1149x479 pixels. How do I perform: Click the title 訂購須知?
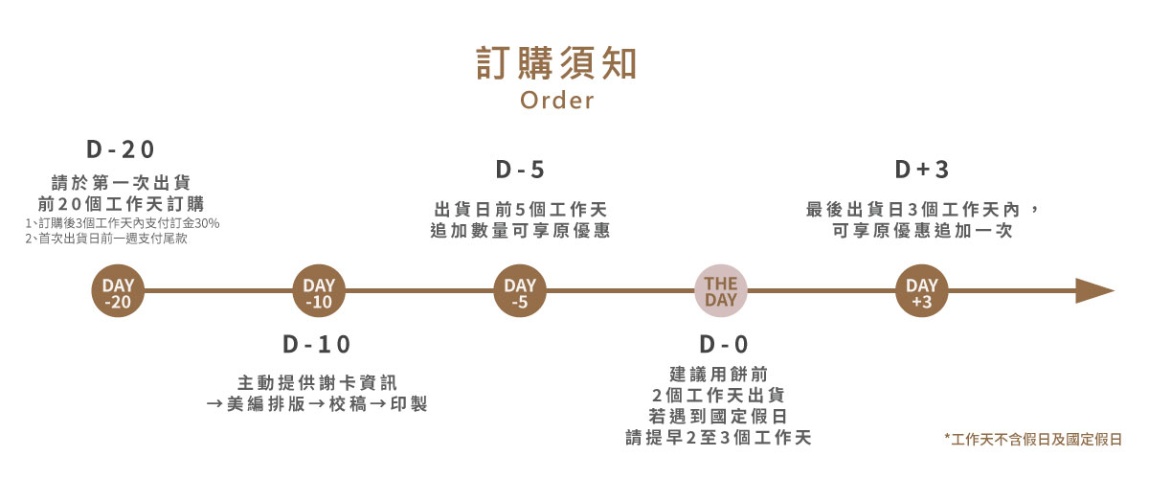(x=556, y=62)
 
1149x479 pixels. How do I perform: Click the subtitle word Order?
(x=556, y=100)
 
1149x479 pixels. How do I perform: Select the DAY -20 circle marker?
(x=119, y=292)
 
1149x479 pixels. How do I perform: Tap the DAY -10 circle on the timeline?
(x=319, y=292)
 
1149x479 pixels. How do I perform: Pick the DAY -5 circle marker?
(x=520, y=292)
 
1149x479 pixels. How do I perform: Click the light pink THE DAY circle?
(x=720, y=292)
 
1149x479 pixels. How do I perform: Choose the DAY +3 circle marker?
(x=921, y=292)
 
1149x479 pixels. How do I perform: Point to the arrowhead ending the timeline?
(x=1093, y=291)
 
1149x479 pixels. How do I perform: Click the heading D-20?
(x=121, y=149)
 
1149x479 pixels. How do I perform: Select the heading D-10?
(x=317, y=344)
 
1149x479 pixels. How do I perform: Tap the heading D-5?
(x=520, y=170)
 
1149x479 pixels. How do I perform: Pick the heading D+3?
(x=921, y=170)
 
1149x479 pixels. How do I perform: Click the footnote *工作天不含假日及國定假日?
(x=1032, y=439)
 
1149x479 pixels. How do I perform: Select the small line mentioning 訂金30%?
(x=123, y=223)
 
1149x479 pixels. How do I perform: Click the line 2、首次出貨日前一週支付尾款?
(x=106, y=239)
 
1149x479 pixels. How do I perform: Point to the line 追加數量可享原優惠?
(x=520, y=231)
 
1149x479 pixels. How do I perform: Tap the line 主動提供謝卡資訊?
(x=317, y=382)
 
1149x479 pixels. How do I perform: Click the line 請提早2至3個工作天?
(x=718, y=438)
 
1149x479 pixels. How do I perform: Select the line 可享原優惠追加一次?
(x=921, y=231)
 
